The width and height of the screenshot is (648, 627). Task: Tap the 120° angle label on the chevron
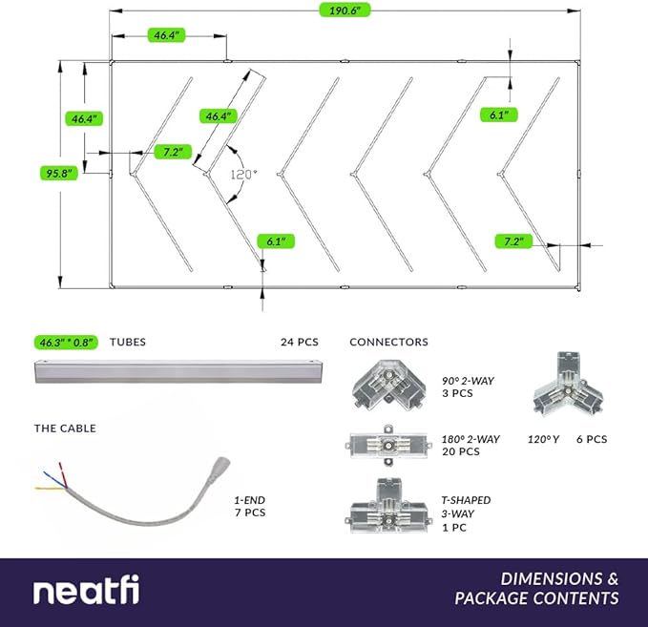pos(244,175)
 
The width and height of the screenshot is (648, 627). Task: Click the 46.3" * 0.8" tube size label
pos(66,342)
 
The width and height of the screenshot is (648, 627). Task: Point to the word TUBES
pos(128,342)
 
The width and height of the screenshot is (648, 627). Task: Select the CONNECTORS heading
pos(388,342)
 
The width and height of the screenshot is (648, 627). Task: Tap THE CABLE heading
pos(65,428)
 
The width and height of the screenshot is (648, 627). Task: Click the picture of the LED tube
pos(178,372)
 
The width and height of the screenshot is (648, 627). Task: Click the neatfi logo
pos(87,591)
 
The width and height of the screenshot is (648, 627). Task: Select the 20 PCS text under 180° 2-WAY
pos(462,451)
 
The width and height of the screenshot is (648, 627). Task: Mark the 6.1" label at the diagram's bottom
pos(275,241)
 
